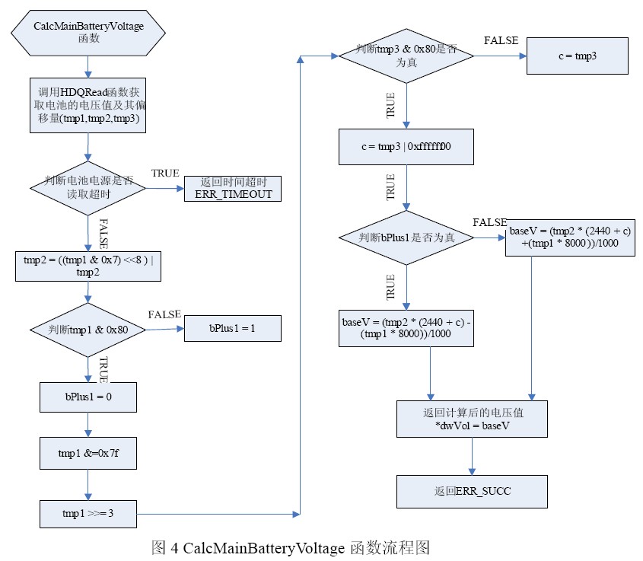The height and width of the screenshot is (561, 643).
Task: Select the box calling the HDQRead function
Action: click(88, 106)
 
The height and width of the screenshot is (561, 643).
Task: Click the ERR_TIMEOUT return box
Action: click(233, 188)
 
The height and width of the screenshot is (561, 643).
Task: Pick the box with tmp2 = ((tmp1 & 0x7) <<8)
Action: click(88, 266)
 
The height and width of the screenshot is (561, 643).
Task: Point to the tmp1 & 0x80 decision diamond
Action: click(88, 329)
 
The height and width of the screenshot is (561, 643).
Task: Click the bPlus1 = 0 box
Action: click(88, 396)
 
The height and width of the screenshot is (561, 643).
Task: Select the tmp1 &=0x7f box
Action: click(88, 454)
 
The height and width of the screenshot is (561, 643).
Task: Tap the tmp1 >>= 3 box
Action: click(88, 513)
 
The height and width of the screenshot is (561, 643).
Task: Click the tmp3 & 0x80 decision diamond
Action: click(407, 56)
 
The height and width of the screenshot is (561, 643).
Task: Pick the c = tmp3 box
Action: click(578, 56)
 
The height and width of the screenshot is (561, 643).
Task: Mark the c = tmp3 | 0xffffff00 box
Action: click(407, 146)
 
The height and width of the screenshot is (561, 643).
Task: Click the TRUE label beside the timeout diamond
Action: click(165, 174)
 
